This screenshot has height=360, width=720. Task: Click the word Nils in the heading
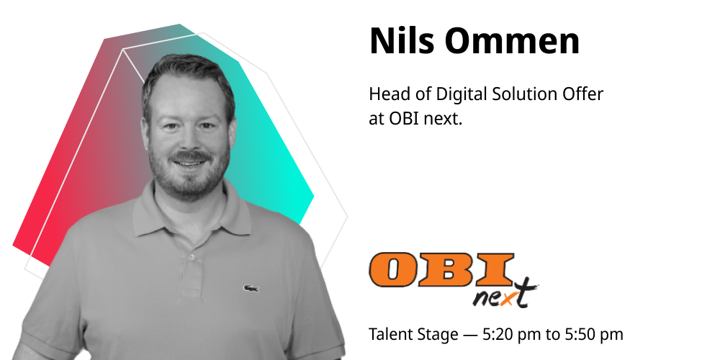click(x=401, y=41)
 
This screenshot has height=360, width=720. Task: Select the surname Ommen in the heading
click(x=512, y=41)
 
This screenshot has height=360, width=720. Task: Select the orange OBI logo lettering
click(x=441, y=269)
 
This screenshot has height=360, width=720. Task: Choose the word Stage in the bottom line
click(x=438, y=335)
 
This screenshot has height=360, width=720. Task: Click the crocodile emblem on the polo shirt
click(x=251, y=289)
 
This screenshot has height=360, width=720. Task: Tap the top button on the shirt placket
click(x=192, y=257)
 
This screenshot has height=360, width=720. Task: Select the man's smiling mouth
click(x=189, y=163)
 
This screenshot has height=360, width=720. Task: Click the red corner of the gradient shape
click(x=14, y=246)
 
